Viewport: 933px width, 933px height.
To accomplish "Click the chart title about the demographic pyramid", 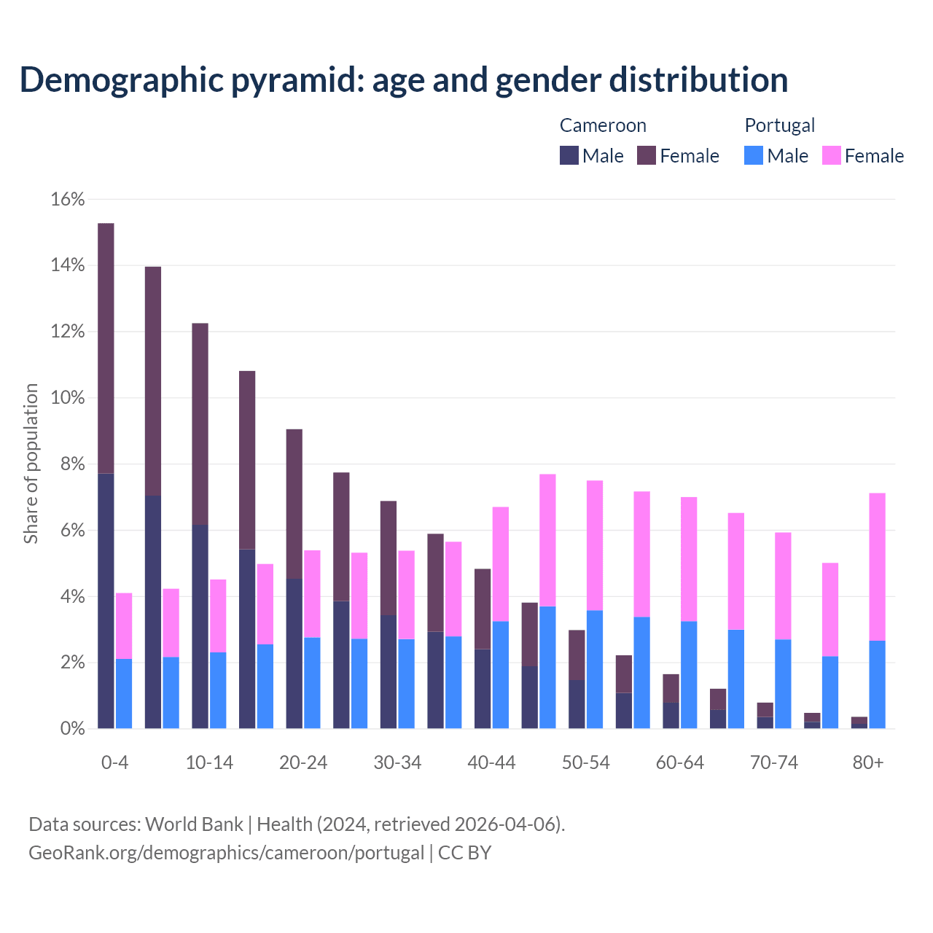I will [x=404, y=80].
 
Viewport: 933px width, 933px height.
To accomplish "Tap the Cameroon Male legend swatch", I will [x=569, y=155].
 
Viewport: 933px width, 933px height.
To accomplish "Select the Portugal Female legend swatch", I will [x=832, y=155].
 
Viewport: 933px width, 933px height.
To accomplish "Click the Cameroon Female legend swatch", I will [x=647, y=155].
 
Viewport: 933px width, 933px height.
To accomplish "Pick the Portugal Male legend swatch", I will [x=754, y=155].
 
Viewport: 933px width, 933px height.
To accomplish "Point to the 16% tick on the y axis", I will [x=68, y=200].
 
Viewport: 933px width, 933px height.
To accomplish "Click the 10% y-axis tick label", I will [x=68, y=398].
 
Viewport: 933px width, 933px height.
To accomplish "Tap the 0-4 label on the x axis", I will [x=115, y=762].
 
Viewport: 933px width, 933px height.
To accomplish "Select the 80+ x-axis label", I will [x=868, y=762].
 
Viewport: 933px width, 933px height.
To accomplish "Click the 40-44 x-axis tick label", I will [x=491, y=762].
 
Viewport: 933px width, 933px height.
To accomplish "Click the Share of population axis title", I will [x=31, y=464].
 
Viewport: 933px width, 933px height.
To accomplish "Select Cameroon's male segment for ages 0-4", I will [x=106, y=601].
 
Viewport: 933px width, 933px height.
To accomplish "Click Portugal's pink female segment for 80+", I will [x=877, y=567].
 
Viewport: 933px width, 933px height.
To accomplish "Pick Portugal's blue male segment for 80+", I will [x=877, y=684].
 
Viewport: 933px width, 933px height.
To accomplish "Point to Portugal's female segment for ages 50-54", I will [x=595, y=545].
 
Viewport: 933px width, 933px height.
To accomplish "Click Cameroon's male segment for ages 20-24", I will [x=294, y=654].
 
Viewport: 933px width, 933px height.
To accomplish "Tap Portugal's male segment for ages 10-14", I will [x=218, y=690].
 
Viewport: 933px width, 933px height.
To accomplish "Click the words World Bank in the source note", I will [x=194, y=824].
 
